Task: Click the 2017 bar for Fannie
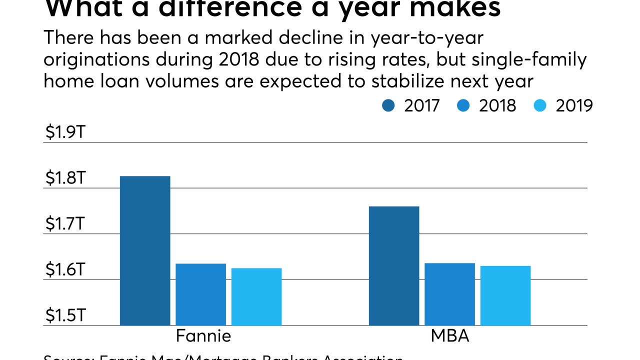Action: pyautogui.click(x=145, y=250)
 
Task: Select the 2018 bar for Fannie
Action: pyautogui.click(x=200, y=294)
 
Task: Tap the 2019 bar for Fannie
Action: pyautogui.click(x=256, y=296)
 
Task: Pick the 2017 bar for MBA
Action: pyautogui.click(x=394, y=265)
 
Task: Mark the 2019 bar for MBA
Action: pyautogui.click(x=505, y=295)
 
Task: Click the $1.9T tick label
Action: pyautogui.click(x=65, y=132)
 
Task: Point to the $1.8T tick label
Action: pyautogui.click(x=65, y=178)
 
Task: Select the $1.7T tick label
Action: pyautogui.click(x=65, y=224)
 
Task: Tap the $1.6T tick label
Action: pyautogui.click(x=65, y=270)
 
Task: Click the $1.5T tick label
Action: pyautogui.click(x=65, y=315)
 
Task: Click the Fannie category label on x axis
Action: pyautogui.click(x=203, y=335)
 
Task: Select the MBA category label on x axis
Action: pyautogui.click(x=450, y=335)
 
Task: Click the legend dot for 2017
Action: pyautogui.click(x=388, y=105)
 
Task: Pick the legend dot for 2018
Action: pyautogui.click(x=463, y=105)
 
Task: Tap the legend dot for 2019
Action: pyautogui.click(x=540, y=105)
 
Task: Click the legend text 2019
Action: pyautogui.click(x=574, y=105)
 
